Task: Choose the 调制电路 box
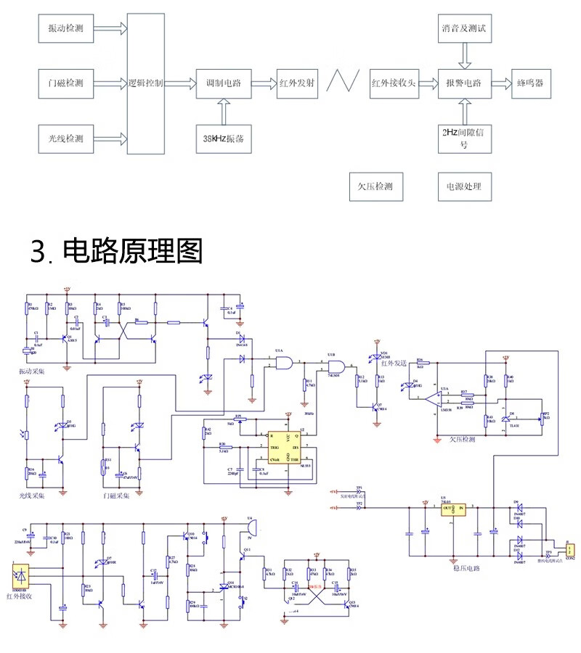pos(223,83)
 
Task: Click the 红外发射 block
pos(298,83)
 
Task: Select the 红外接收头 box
pos(393,83)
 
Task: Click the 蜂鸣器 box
pos(530,83)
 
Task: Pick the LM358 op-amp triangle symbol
pos(435,398)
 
